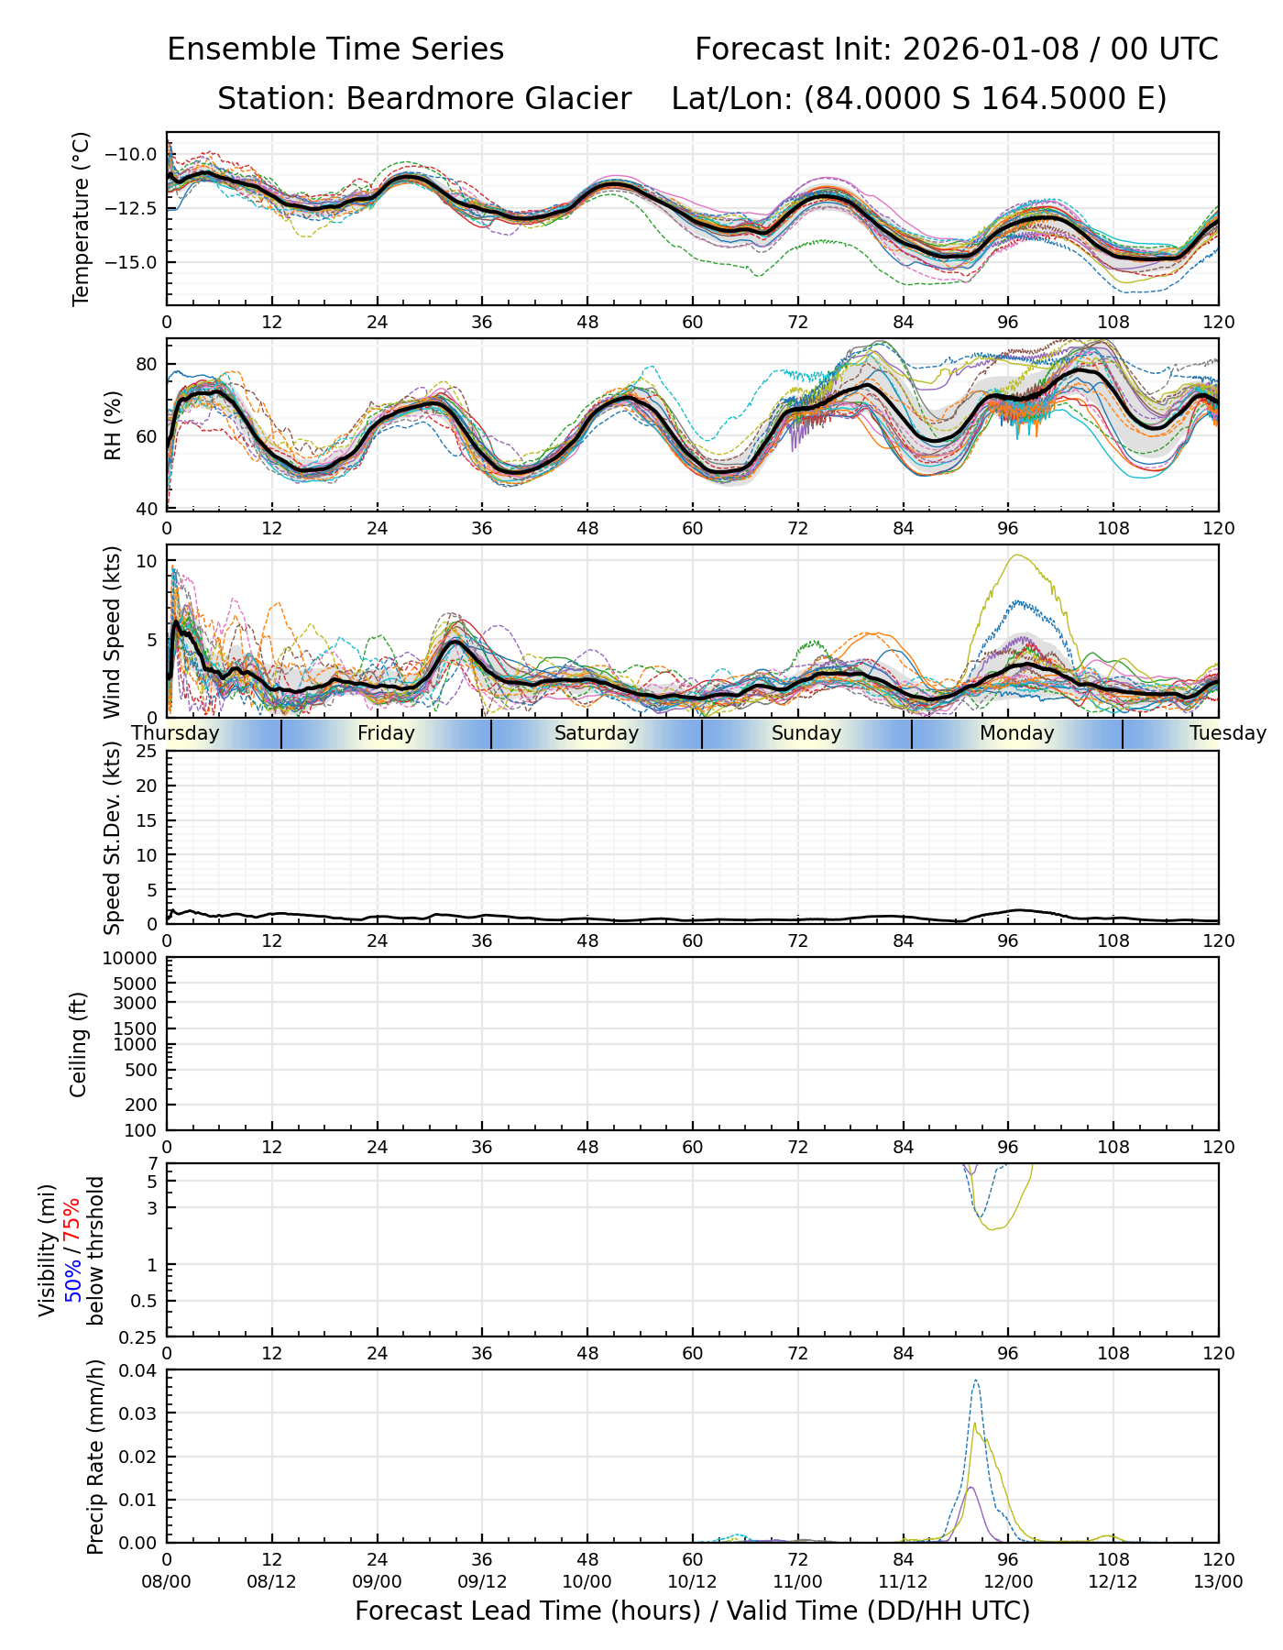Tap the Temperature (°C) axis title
(x=82, y=218)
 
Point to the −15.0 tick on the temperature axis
(x=132, y=262)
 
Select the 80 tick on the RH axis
(x=147, y=364)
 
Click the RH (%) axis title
(x=113, y=425)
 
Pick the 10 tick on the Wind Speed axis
(x=147, y=561)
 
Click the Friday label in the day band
(x=386, y=733)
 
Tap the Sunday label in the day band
(x=806, y=733)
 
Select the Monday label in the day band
(x=1016, y=733)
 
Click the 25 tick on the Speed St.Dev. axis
(x=147, y=752)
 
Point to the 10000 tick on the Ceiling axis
(x=135, y=959)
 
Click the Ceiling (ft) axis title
(x=79, y=1044)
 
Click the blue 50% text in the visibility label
(x=72, y=1281)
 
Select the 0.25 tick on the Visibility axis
(x=139, y=1336)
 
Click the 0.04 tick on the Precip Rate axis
(x=139, y=1370)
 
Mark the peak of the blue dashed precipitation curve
(x=976, y=1380)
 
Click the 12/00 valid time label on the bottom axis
(x=1008, y=1581)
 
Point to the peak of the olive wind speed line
(x=1015, y=555)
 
